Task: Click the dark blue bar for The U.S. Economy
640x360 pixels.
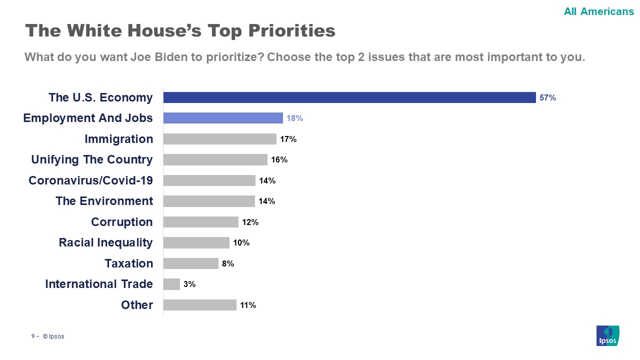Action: [349, 97]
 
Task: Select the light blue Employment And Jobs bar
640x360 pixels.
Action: [223, 118]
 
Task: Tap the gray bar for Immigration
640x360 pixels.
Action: [220, 139]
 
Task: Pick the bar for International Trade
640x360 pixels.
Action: [171, 284]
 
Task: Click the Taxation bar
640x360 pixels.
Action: [191, 263]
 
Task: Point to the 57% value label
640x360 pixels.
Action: [547, 98]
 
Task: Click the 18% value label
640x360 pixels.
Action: [294, 118]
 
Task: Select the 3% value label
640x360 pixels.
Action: [189, 284]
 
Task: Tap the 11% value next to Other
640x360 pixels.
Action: [248, 305]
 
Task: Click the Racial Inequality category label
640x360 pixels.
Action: [105, 242]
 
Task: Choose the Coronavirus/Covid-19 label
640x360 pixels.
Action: [90, 180]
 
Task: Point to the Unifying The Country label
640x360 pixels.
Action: [92, 159]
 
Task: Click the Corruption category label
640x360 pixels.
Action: [122, 221]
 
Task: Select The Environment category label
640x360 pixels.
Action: [104, 201]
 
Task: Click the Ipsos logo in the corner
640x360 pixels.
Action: [607, 335]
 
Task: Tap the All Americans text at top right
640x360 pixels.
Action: [598, 11]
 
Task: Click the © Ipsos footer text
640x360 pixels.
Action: [53, 336]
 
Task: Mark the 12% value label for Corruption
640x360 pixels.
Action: [250, 222]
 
